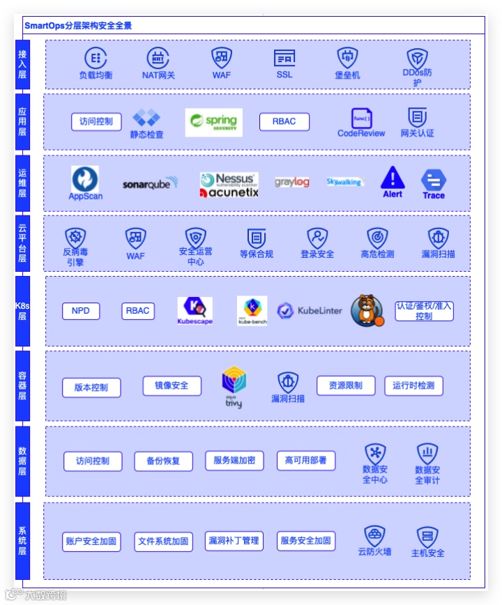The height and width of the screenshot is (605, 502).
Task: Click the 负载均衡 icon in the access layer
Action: point(96,59)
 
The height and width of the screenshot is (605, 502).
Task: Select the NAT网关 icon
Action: point(158,59)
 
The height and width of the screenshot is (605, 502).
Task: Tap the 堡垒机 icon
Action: point(347,58)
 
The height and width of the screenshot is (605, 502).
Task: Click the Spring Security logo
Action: point(214,122)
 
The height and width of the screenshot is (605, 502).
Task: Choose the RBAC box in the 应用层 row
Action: point(284,122)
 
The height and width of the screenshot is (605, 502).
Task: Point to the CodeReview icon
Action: point(361,118)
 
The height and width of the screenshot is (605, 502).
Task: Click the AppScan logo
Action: point(85,179)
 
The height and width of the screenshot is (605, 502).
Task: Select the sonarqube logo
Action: point(151,184)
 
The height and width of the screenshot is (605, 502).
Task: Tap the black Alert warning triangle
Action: point(393,178)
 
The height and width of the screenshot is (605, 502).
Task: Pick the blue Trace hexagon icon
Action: point(434,181)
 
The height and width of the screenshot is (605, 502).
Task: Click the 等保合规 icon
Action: point(257,238)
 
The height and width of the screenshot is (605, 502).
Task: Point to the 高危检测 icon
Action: point(377,238)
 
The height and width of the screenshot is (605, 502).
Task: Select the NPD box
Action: point(81,311)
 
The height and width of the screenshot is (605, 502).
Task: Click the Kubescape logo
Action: point(195,308)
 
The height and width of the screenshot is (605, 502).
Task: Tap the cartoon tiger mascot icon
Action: point(366,310)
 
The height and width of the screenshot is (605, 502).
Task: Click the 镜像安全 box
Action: point(172,385)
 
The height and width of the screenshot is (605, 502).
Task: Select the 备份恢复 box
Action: point(163,461)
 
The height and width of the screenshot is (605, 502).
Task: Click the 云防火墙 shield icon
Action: point(375,537)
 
